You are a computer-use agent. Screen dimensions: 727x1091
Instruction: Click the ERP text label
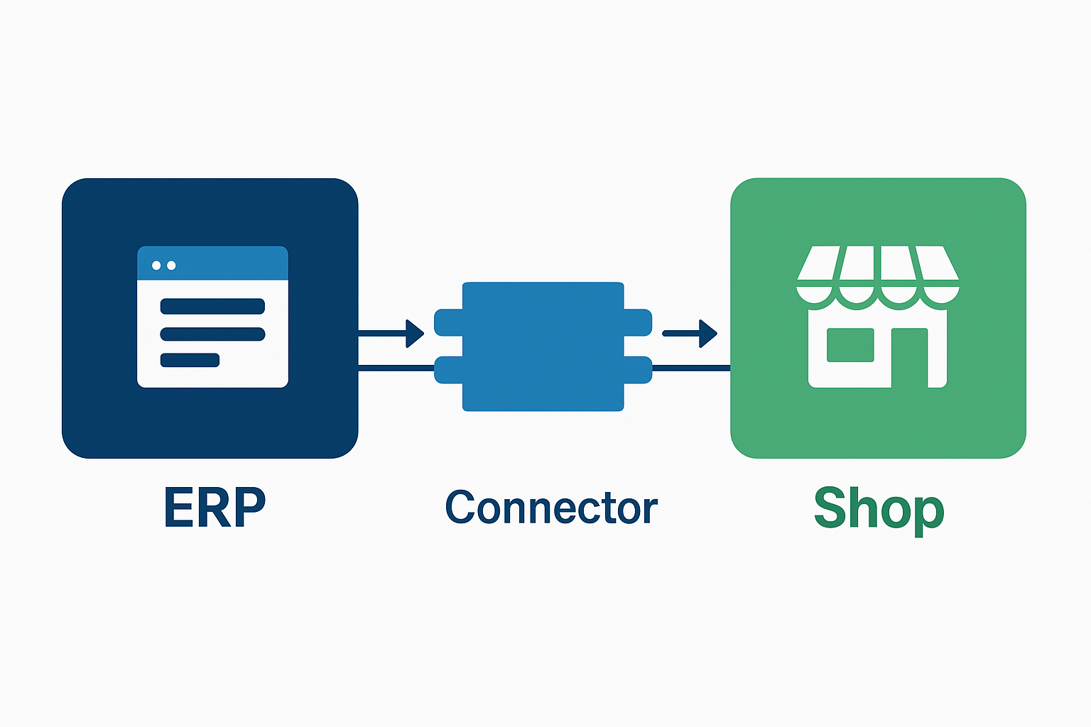214,507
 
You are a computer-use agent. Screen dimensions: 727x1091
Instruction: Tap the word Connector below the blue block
551,508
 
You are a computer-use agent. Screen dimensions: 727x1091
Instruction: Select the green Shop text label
879,508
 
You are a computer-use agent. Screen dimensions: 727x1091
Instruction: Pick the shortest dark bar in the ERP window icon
190,360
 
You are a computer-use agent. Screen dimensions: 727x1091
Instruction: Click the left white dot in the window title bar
156,266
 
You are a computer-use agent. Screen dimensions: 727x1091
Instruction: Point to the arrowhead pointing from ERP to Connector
414,333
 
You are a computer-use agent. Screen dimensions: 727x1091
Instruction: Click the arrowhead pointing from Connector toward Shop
707,333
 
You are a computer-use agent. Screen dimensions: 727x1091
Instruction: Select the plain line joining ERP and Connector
396,368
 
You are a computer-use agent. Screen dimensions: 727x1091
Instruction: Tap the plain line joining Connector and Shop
690,368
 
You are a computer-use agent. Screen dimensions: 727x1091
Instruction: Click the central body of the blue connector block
543,346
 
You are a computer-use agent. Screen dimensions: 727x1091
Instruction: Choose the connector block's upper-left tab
447,322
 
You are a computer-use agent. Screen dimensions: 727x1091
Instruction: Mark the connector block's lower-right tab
638,370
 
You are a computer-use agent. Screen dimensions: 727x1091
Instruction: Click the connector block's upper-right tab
638,322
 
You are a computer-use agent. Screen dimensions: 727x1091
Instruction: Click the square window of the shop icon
850,345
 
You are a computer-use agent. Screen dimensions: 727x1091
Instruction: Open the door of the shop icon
910,359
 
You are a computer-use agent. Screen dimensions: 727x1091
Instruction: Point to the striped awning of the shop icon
878,273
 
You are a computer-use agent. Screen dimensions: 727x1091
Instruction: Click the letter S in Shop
832,508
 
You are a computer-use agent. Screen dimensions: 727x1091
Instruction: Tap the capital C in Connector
460,507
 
